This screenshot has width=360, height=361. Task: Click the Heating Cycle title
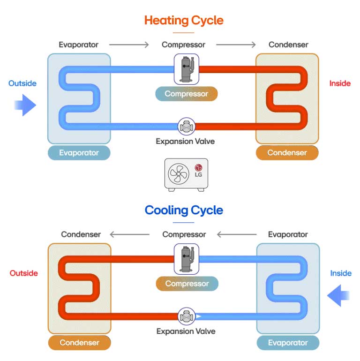[x=184, y=21]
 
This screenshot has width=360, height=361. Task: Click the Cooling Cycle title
[x=184, y=210]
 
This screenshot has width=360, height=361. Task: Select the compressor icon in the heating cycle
[x=187, y=68]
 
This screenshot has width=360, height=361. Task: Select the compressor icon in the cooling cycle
[x=187, y=258]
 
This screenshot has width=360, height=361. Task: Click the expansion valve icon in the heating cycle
[x=187, y=126]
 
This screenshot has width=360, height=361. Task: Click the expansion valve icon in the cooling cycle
[x=187, y=316]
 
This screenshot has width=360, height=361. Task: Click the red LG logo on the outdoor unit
[x=199, y=167]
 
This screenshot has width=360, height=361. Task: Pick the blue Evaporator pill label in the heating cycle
[x=79, y=153]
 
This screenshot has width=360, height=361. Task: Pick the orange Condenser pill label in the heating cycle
[x=287, y=153]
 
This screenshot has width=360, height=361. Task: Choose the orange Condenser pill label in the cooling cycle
[x=79, y=343]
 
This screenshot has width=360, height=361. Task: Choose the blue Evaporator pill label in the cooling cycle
[x=288, y=343]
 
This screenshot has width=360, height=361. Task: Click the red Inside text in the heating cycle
[x=340, y=83]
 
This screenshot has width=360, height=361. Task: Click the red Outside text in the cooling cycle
[x=23, y=273]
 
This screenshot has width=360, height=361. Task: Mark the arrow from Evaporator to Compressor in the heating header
[x=129, y=45]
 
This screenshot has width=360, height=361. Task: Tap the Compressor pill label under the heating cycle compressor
[x=187, y=94]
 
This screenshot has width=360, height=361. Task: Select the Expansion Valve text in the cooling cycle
[x=186, y=331]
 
